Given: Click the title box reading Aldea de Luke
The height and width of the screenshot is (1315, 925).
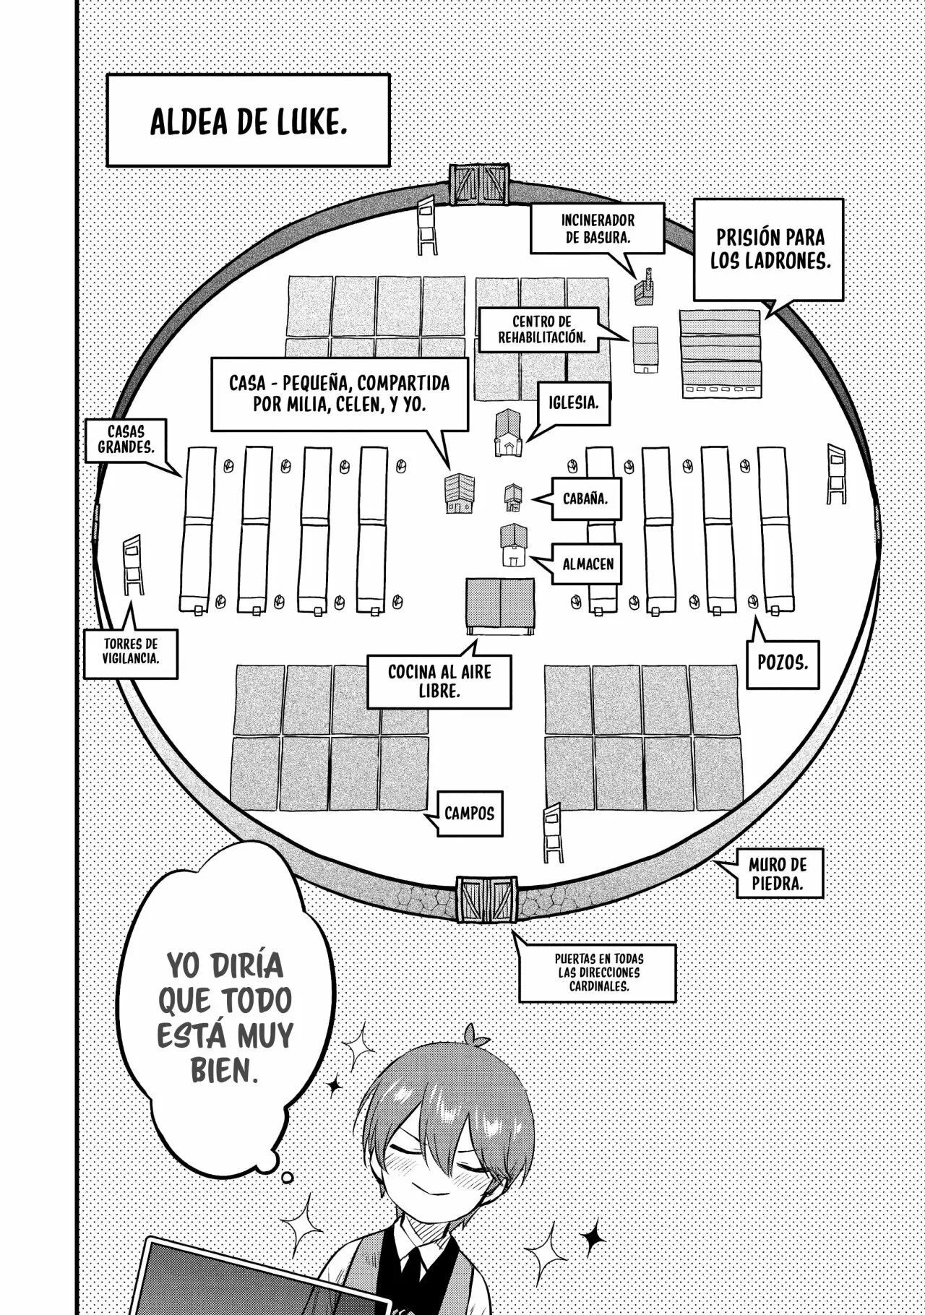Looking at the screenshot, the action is point(248,120).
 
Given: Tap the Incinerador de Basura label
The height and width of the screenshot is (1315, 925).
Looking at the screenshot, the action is point(598,228).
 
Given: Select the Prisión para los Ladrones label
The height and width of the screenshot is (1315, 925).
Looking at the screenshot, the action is point(768,249).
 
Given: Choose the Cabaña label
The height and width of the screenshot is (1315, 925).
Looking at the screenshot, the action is point(585,499).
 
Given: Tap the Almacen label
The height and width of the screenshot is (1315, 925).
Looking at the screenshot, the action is point(588,564).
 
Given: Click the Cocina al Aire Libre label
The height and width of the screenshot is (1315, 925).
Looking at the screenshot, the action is point(439,681).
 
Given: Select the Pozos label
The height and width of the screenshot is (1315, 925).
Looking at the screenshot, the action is point(783,663).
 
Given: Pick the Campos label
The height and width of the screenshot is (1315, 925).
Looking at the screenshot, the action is point(469,814).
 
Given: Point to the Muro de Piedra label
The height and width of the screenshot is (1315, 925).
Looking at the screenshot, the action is point(777,873).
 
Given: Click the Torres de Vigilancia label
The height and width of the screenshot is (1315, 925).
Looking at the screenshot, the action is point(131,650).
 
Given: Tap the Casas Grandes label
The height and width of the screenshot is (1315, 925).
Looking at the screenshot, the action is point(126,439).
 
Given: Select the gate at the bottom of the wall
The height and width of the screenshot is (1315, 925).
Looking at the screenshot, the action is point(486,900).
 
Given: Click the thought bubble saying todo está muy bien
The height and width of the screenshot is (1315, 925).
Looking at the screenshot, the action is point(224,1017).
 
